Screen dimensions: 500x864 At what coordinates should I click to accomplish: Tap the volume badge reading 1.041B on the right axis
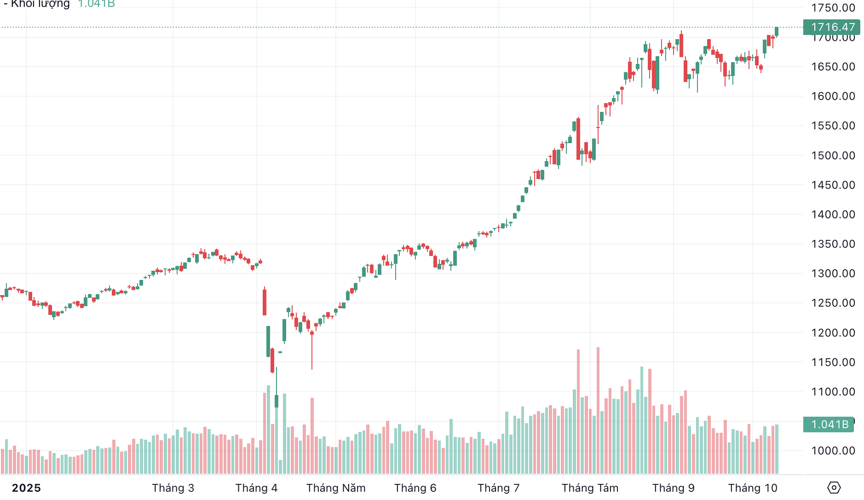(829, 424)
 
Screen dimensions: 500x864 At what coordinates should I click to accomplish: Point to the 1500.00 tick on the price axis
(833, 156)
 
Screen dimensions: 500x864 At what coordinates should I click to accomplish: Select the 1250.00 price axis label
(833, 303)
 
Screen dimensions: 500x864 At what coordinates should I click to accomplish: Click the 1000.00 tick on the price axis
(833, 451)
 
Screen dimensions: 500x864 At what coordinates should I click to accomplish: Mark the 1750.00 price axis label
(833, 8)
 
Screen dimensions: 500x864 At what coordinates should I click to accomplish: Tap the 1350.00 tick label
(833, 244)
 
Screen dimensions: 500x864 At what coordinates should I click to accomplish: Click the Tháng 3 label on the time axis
(173, 488)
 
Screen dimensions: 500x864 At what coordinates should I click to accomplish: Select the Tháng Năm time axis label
(336, 488)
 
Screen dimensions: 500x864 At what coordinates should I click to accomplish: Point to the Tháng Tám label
(590, 488)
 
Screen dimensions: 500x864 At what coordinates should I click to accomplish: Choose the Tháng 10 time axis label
(753, 488)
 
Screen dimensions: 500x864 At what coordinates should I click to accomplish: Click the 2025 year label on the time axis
(26, 488)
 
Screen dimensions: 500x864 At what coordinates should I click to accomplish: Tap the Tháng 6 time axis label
(415, 488)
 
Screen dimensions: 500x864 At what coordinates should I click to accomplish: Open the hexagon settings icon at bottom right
(834, 488)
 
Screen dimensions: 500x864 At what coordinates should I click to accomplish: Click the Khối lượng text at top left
(40, 4)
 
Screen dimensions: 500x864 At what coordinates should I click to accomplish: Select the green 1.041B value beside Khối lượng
(96, 4)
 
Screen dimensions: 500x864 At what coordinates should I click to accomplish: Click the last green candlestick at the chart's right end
(777, 31)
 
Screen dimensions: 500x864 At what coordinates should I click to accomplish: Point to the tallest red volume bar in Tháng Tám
(598, 410)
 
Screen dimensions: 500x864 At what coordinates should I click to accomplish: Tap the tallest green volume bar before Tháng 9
(642, 419)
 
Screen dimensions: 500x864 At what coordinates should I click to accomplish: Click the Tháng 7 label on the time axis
(498, 488)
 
